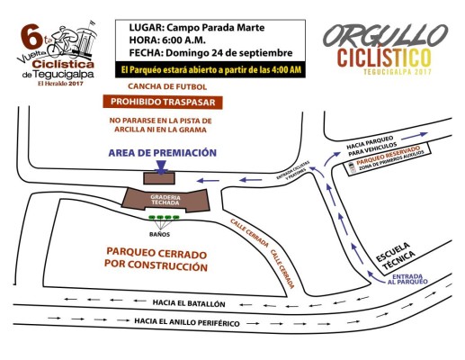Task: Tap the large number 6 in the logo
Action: [x=26, y=40]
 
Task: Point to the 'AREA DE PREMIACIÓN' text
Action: [x=162, y=152]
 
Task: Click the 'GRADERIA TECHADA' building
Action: [x=164, y=200]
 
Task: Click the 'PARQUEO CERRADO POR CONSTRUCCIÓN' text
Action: [x=144, y=258]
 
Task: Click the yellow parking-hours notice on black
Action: [x=211, y=69]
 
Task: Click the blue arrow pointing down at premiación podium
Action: [x=158, y=166]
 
